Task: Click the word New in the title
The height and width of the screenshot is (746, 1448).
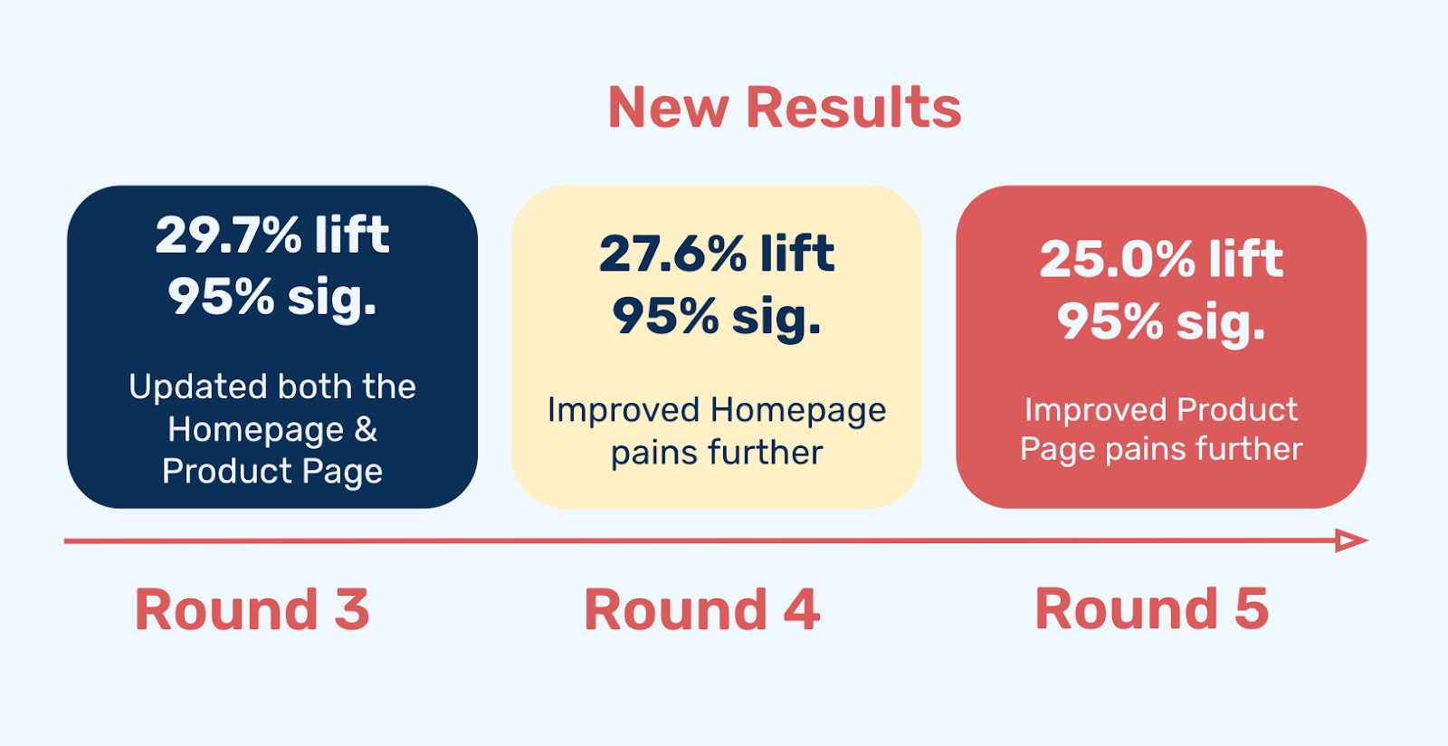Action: pos(669,108)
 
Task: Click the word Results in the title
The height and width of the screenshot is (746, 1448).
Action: pos(853,108)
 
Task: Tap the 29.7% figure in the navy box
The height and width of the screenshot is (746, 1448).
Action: pos(228,234)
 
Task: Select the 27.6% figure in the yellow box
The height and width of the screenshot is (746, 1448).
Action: pos(672,254)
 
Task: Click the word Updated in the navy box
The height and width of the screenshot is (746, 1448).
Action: pos(198,387)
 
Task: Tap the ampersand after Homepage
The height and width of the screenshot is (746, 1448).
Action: pos(366,429)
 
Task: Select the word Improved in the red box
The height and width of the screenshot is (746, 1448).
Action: pos(1096,410)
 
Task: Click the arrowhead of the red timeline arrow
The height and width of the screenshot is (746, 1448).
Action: pos(1352,540)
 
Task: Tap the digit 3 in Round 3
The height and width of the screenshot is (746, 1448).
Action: pos(352,609)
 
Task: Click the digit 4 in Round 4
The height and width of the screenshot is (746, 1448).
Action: pos(802,609)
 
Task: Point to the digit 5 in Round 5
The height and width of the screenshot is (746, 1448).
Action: pos(1252,609)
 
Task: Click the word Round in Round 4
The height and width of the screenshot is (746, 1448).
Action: pos(675,609)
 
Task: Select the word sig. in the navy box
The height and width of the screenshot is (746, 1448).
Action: pos(331,299)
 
